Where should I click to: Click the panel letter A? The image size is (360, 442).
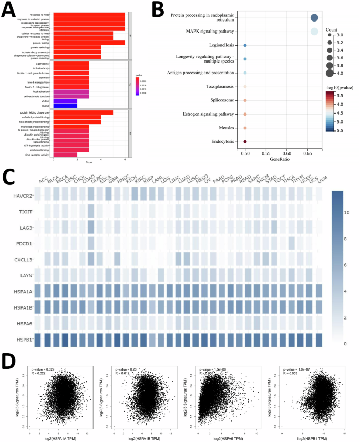[x=9, y=9]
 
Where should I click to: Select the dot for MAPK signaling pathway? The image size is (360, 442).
[x=314, y=32]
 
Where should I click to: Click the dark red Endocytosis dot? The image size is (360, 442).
[x=245, y=141]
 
